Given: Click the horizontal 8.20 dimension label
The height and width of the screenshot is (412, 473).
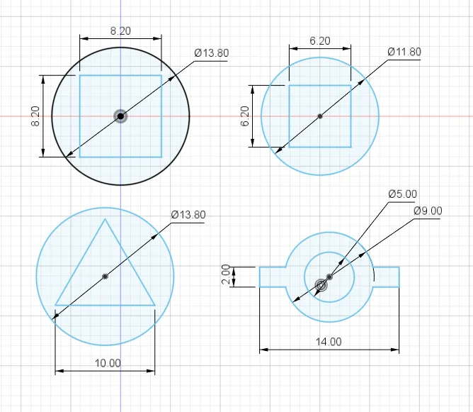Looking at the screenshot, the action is coord(120,30).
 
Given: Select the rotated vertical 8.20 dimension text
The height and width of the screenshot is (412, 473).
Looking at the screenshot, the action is coord(35,116).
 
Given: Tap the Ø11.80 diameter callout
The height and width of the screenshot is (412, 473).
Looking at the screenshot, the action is coord(404,52).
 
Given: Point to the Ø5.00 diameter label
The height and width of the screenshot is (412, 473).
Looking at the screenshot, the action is coord(403,194).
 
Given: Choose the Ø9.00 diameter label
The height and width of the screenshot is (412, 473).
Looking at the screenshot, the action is coord(428,211).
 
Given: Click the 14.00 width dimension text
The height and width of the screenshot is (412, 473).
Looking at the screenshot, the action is coord(329,342).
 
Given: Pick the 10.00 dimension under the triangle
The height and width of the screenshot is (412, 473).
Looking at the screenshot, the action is coord(108,363).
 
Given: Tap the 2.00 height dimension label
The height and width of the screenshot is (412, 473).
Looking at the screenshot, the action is coord(226,274).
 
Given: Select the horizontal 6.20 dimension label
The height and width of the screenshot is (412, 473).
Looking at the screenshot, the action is coord(320,41).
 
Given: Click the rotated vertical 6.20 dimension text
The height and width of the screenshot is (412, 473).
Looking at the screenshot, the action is coord(245,116).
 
